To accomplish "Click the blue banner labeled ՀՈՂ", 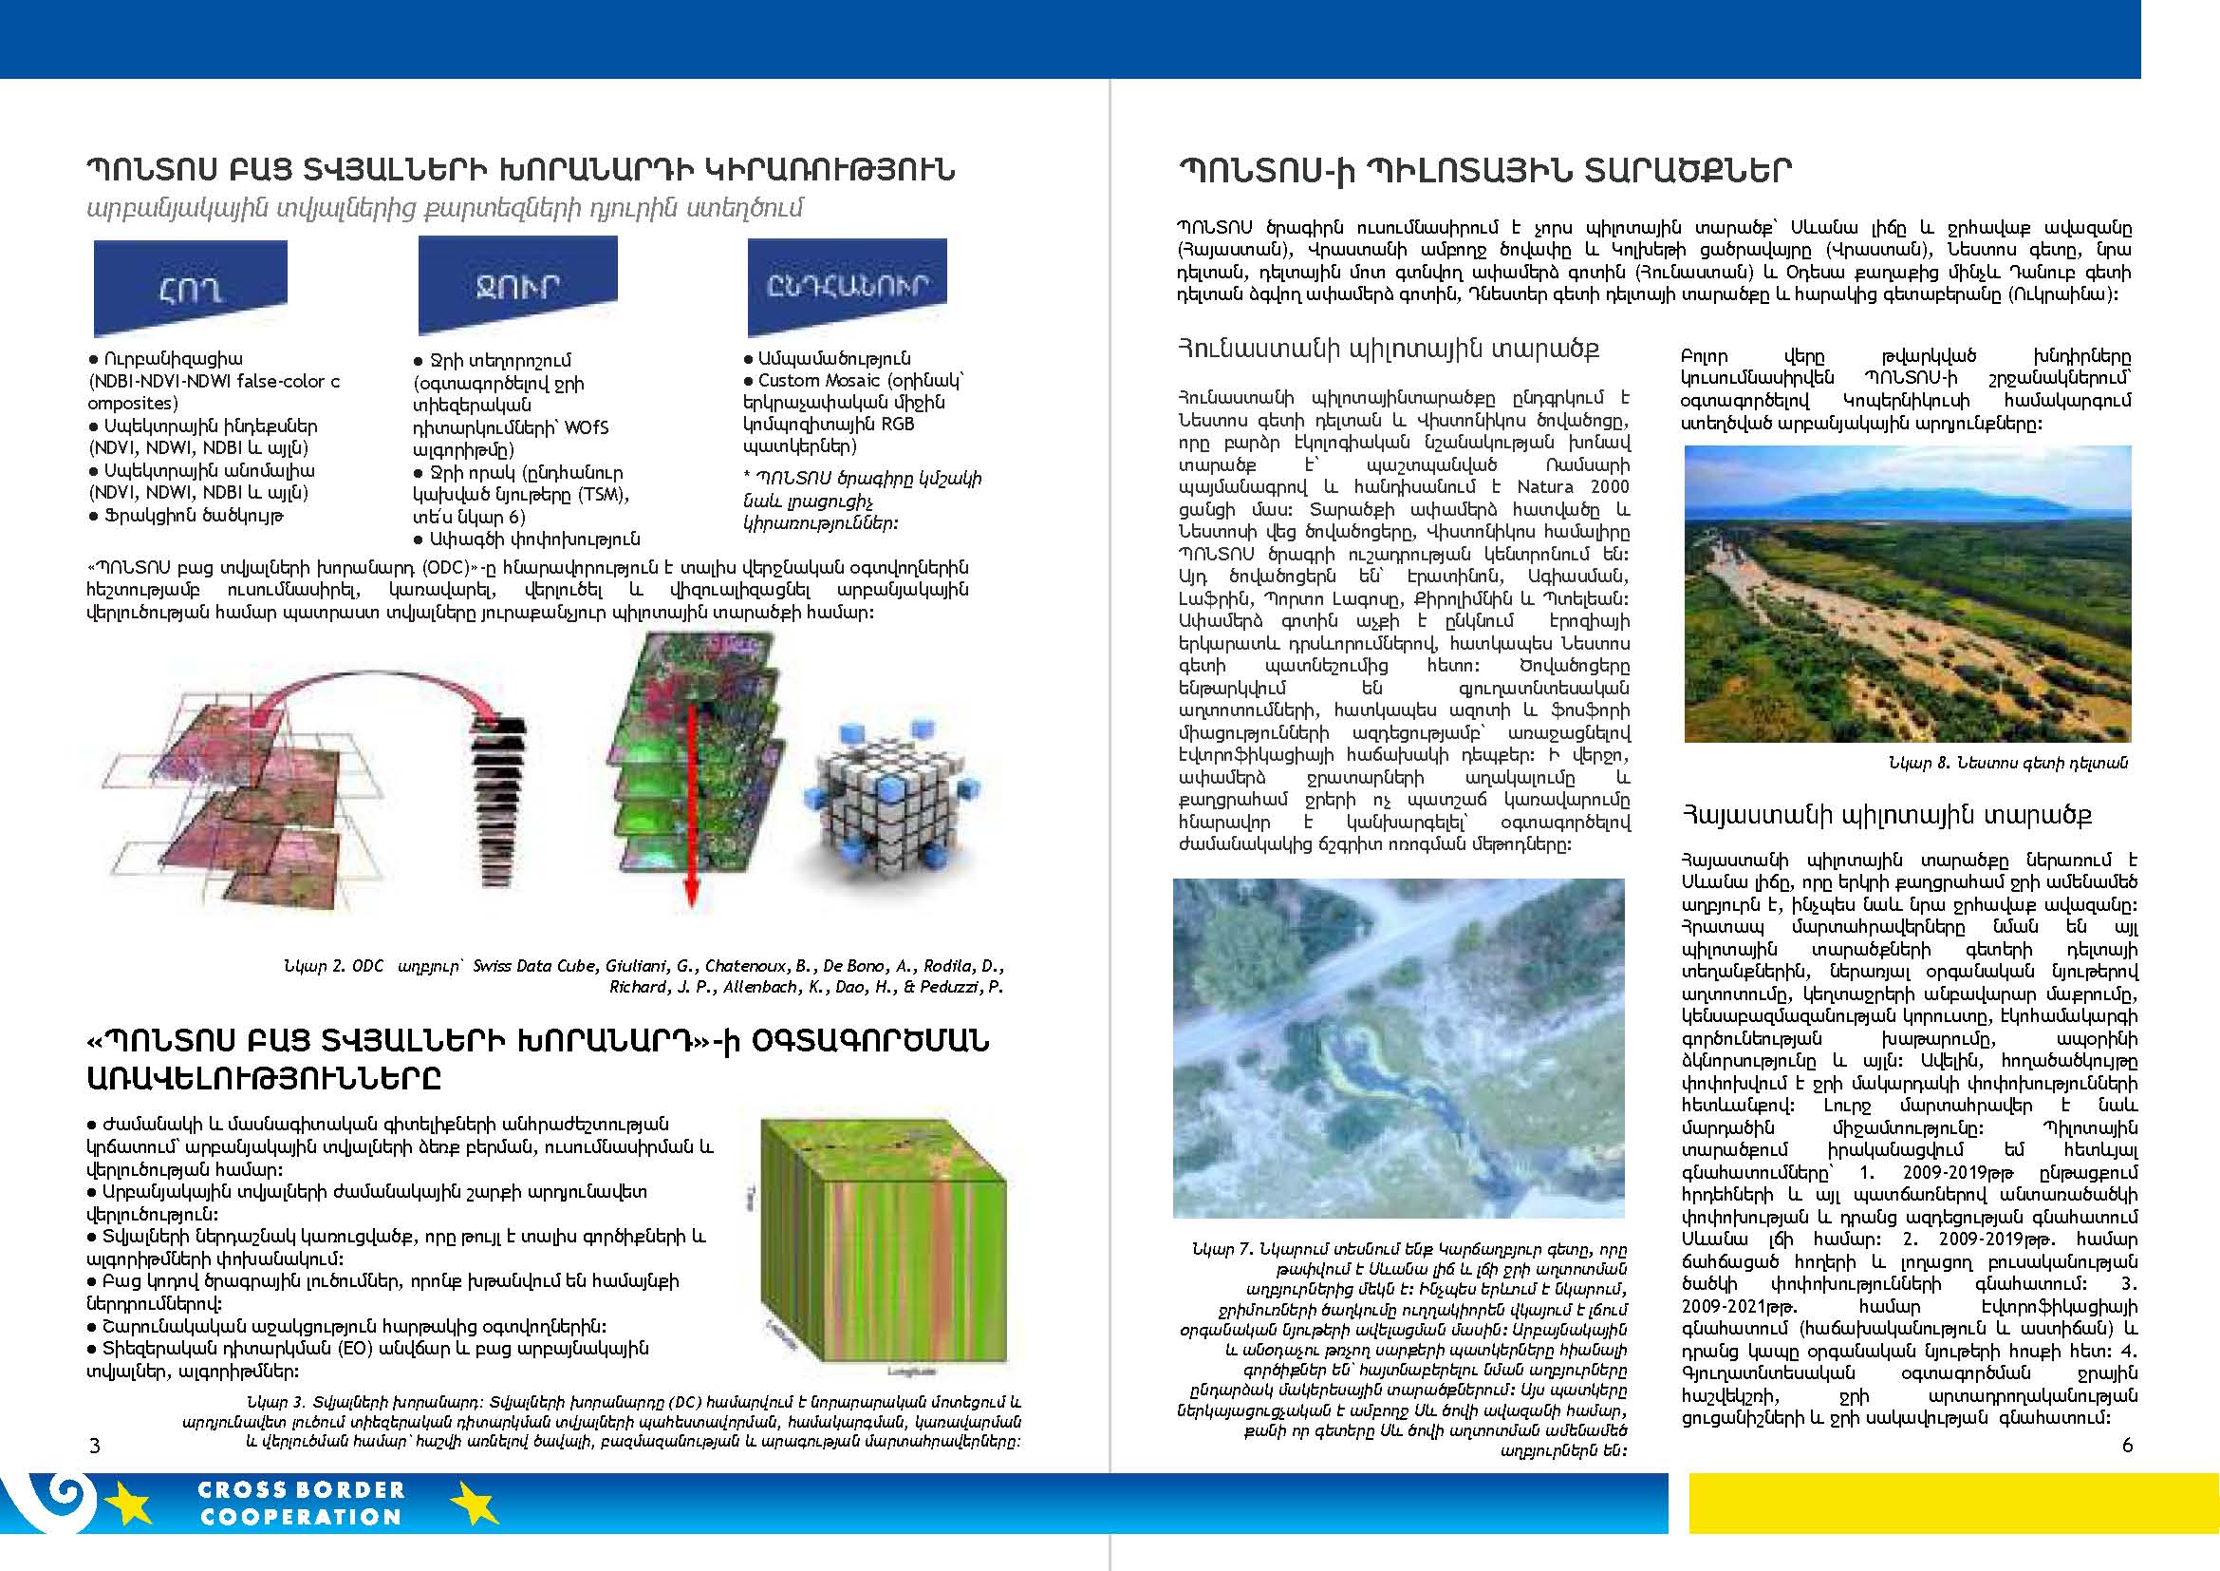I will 190,287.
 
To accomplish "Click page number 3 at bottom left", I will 94,1447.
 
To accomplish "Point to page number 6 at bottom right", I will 2127,1446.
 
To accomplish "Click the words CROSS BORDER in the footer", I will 301,1490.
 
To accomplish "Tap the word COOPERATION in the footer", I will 301,1517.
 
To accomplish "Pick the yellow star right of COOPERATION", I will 474,1505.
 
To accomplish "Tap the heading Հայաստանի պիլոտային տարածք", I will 1887,816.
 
